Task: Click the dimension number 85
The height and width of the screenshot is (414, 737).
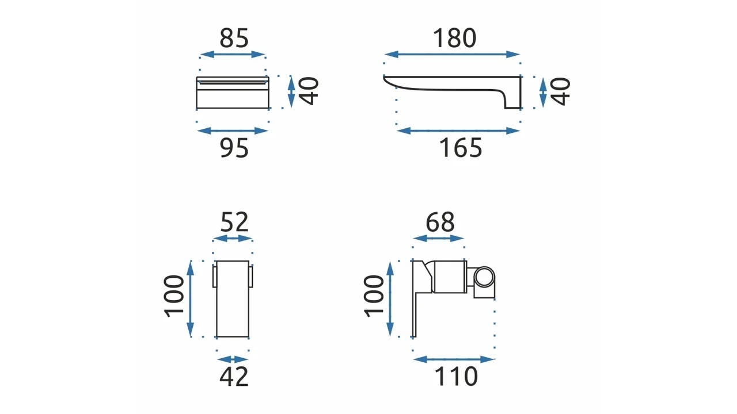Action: [234, 38]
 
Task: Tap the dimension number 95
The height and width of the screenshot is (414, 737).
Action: [234, 148]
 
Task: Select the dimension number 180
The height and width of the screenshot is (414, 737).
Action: [454, 38]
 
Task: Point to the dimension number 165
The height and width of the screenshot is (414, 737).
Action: [460, 148]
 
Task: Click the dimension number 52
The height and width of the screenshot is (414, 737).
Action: [234, 222]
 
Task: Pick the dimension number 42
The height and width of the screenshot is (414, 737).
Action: [234, 377]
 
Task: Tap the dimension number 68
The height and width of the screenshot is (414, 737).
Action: [440, 222]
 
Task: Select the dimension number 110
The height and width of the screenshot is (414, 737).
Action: [456, 376]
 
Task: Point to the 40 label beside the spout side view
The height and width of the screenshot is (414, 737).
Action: [560, 91]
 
